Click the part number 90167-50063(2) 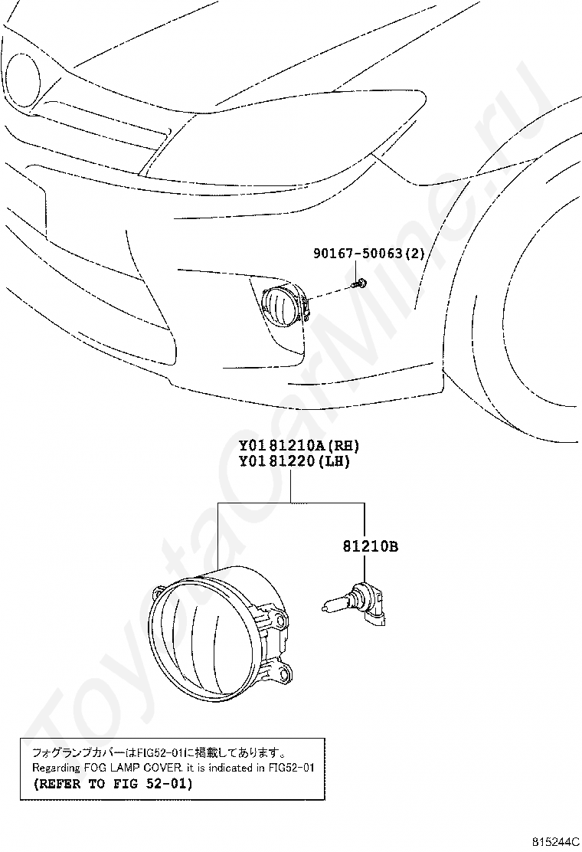(x=368, y=253)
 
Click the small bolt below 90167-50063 (x=357, y=283)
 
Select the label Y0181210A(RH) (x=299, y=446)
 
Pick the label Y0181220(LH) (x=295, y=461)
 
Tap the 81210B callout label (x=371, y=546)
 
